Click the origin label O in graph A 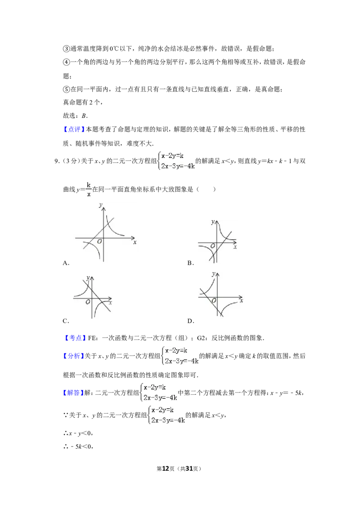tap(99, 241)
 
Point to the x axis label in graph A tap(135, 242)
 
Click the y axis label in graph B tap(213, 222)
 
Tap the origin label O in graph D tap(214, 301)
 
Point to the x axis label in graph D tap(241, 301)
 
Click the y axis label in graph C tap(88, 277)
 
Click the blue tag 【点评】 tap(74, 129)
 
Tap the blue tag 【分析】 tap(73, 356)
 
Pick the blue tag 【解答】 tap(73, 393)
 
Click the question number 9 tap(56, 161)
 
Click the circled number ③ tap(66, 49)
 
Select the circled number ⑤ tap(66, 89)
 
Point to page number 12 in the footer tap(166, 469)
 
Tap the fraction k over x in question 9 tap(88, 190)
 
